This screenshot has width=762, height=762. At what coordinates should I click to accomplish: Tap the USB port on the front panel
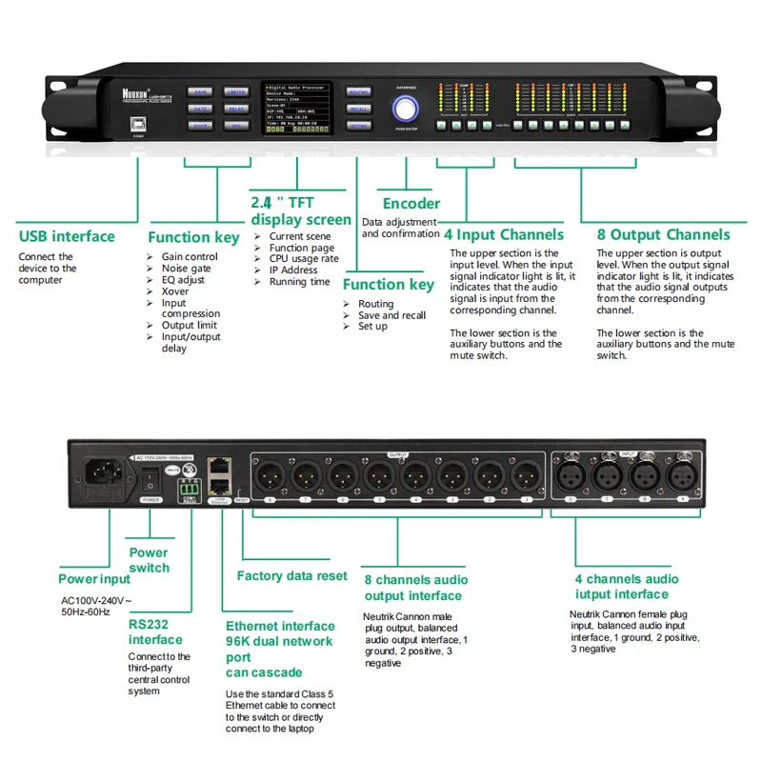[140, 122]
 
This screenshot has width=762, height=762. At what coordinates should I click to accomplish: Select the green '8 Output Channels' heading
[663, 234]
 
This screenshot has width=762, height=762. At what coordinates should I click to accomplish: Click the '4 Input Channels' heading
[504, 234]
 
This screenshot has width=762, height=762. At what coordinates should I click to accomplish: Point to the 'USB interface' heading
[67, 236]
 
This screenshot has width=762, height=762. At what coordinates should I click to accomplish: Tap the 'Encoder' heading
[411, 203]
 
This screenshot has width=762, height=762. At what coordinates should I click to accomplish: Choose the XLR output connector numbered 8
[270, 473]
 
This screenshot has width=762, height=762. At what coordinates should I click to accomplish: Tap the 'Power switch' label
[149, 560]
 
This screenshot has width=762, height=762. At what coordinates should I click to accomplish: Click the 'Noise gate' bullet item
[186, 269]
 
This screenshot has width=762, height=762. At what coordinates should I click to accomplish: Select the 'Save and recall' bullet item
[391, 315]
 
